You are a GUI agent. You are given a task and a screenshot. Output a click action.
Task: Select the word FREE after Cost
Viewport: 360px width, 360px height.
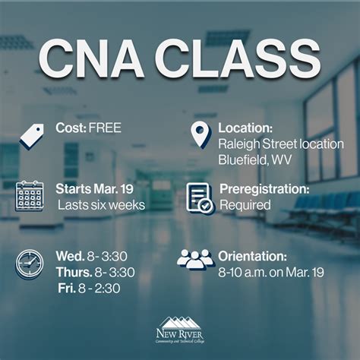pos(106,127)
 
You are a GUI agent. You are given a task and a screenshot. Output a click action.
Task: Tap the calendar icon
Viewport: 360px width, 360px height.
pos(30,195)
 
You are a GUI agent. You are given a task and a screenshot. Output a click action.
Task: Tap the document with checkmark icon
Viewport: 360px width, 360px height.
pos(199,197)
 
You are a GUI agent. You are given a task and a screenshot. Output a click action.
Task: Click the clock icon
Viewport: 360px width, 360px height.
pos(30,263)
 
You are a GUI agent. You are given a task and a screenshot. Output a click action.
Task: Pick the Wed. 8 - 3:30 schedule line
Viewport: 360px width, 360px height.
pos(94,255)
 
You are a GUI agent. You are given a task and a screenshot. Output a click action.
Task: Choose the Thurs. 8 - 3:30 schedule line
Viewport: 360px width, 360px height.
pos(94,272)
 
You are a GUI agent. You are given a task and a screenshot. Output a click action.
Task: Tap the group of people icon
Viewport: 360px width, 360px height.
pos(196,259)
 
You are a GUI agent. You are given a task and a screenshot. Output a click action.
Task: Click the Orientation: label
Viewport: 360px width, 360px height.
pos(252,255)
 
